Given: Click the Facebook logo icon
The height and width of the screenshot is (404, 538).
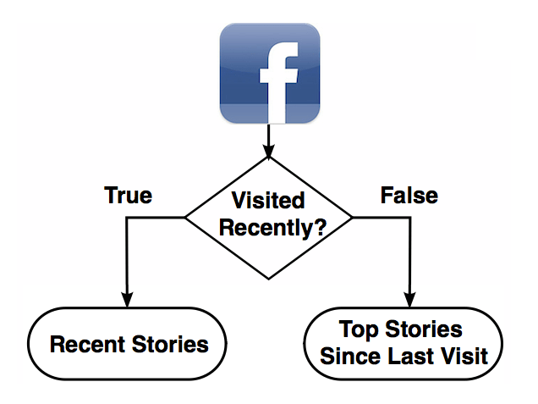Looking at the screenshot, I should pyautogui.click(x=269, y=74).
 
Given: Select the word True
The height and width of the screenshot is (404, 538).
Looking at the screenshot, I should pyautogui.click(x=128, y=196).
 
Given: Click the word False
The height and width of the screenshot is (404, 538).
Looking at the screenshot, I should pyautogui.click(x=409, y=196).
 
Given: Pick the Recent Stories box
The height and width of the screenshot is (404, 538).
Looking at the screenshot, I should pyautogui.click(x=129, y=345).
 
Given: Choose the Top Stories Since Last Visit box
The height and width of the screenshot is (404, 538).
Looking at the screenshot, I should pyautogui.click(x=403, y=342).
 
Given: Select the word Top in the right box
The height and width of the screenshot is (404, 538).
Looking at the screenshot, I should pyautogui.click(x=358, y=329).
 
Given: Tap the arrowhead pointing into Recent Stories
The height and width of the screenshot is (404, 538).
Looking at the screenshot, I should pyautogui.click(x=129, y=300).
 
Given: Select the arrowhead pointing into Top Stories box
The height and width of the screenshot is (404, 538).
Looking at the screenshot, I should pyautogui.click(x=410, y=300).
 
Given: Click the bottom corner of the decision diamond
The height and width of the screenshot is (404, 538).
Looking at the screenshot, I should pyautogui.click(x=269, y=279).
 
